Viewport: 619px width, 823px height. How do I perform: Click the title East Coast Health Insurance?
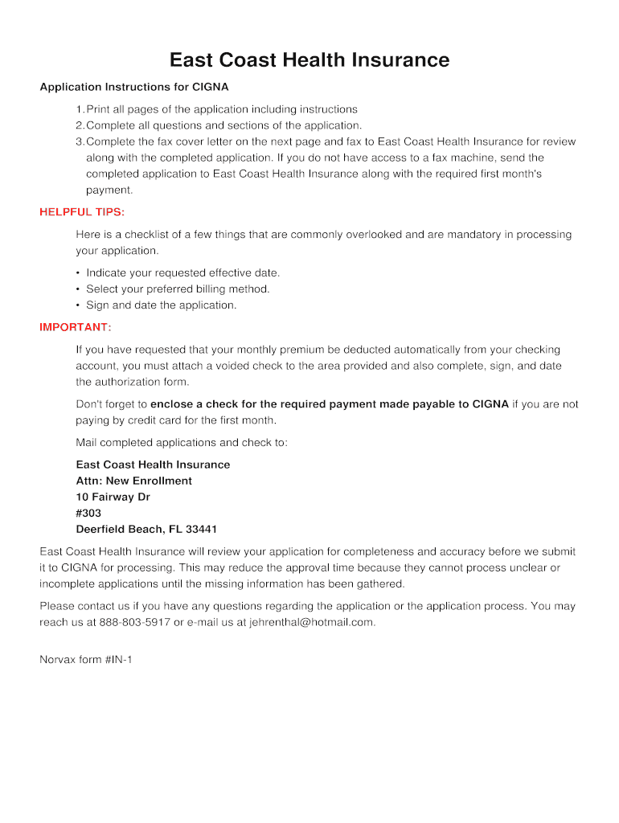coord(309,60)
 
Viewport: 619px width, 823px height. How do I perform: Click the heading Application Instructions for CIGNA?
coord(134,87)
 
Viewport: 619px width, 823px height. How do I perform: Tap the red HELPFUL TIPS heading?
coord(82,212)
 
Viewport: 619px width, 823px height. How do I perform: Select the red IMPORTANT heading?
coord(76,327)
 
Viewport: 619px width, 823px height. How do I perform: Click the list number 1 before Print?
coord(79,109)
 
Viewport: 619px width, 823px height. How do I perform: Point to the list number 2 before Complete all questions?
coord(79,125)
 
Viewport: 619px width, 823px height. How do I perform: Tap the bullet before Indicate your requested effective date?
coord(78,273)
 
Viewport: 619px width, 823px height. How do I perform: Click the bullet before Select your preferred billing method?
coord(78,289)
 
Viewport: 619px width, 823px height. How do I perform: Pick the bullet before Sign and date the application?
coord(78,305)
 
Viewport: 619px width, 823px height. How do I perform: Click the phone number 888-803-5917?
coord(134,622)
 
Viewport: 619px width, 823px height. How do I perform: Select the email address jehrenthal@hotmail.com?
coord(312,622)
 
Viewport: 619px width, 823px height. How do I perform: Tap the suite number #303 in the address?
coord(88,513)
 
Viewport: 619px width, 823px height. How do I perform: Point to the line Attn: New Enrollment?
coord(133,481)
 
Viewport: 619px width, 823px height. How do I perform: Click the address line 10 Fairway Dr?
coord(113,497)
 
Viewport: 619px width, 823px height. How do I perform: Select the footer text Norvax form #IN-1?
coord(86,660)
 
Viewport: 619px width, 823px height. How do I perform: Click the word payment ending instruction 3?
coord(108,190)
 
